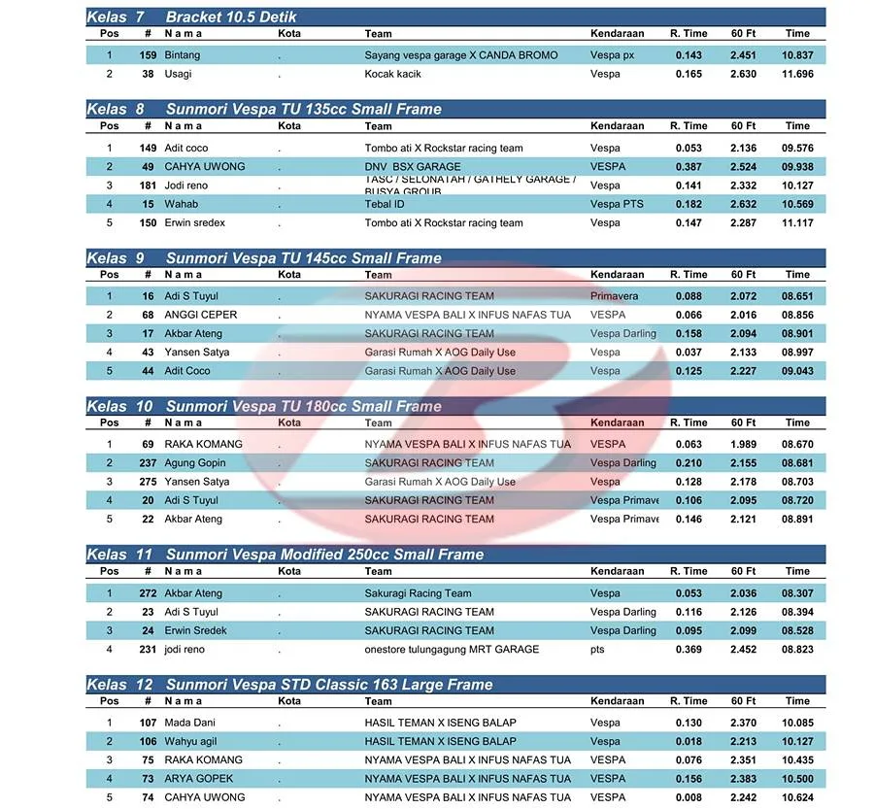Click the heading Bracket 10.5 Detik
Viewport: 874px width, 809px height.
point(231,17)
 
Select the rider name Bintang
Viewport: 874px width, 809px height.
point(184,55)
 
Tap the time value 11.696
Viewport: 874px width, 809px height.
point(797,74)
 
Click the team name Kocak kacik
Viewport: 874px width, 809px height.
point(392,74)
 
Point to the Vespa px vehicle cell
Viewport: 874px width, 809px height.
point(612,55)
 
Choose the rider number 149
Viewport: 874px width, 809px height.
point(148,149)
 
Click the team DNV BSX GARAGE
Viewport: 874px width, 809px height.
point(413,167)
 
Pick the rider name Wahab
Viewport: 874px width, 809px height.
point(181,204)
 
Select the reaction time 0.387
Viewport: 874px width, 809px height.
point(689,167)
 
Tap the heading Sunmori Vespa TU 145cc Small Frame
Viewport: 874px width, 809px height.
point(303,258)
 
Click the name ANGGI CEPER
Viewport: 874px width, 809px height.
point(200,315)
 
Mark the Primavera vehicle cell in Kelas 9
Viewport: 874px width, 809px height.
point(615,296)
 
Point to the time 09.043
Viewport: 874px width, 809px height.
point(797,371)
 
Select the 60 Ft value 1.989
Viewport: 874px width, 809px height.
point(743,444)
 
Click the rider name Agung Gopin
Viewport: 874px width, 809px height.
point(195,463)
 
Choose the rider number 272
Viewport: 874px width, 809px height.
point(148,593)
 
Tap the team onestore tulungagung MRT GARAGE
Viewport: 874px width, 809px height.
point(452,650)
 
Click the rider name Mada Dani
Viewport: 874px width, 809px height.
point(189,723)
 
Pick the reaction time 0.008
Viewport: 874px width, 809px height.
point(689,797)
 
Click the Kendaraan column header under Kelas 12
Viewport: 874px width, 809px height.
point(617,701)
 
